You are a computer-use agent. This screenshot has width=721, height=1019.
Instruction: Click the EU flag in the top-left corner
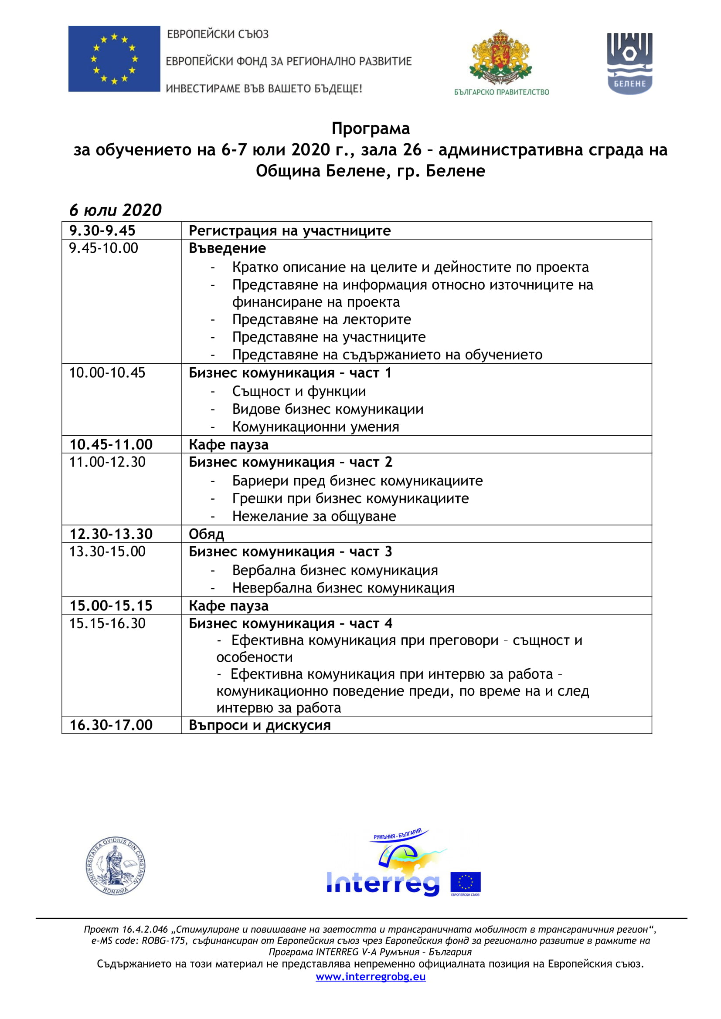click(x=114, y=58)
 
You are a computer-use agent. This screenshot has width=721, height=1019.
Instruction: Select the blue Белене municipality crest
click(x=629, y=64)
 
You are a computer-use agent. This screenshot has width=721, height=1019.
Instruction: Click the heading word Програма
click(x=370, y=129)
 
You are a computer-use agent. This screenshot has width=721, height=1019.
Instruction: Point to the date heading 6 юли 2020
click(x=116, y=210)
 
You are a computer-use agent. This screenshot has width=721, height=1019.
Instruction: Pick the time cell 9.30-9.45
click(x=102, y=231)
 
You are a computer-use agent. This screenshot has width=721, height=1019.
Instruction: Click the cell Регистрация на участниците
click(x=289, y=231)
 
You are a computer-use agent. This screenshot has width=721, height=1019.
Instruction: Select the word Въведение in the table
click(x=227, y=248)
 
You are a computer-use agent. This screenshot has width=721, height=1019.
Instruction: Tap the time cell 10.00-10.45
click(x=107, y=373)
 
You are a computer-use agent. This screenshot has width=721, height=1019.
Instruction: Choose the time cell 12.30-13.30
click(x=111, y=534)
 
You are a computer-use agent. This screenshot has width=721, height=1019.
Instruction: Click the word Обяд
click(x=207, y=534)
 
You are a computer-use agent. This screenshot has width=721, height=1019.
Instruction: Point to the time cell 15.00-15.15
click(x=111, y=606)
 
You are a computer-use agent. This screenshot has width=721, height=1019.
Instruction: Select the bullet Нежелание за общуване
click(x=314, y=516)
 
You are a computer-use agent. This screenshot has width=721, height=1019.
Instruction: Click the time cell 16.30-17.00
click(x=111, y=725)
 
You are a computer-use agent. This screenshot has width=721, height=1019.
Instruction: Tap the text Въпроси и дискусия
click(x=259, y=725)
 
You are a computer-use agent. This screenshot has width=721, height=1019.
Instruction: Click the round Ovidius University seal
click(x=116, y=866)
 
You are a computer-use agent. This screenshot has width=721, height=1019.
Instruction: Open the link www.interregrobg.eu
click(x=370, y=976)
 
